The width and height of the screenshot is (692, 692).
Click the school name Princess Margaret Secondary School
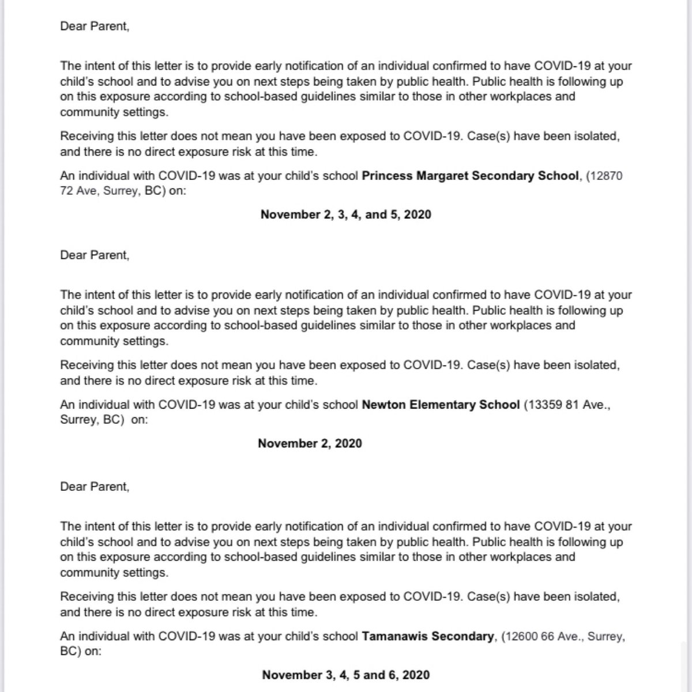(x=470, y=176)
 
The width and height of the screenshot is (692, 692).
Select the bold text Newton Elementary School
(x=441, y=405)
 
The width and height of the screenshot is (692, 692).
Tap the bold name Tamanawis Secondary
(x=428, y=637)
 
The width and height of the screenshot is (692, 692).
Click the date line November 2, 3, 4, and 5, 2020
(x=345, y=215)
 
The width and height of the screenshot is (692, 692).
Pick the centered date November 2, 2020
(x=310, y=443)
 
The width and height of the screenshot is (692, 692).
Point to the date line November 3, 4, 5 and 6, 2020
(x=345, y=675)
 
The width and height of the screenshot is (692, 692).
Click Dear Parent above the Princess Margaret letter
(x=95, y=27)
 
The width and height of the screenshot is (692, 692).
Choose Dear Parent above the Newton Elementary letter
(x=95, y=255)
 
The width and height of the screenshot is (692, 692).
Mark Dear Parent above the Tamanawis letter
(x=95, y=487)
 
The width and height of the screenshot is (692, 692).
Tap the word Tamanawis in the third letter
(x=395, y=637)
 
